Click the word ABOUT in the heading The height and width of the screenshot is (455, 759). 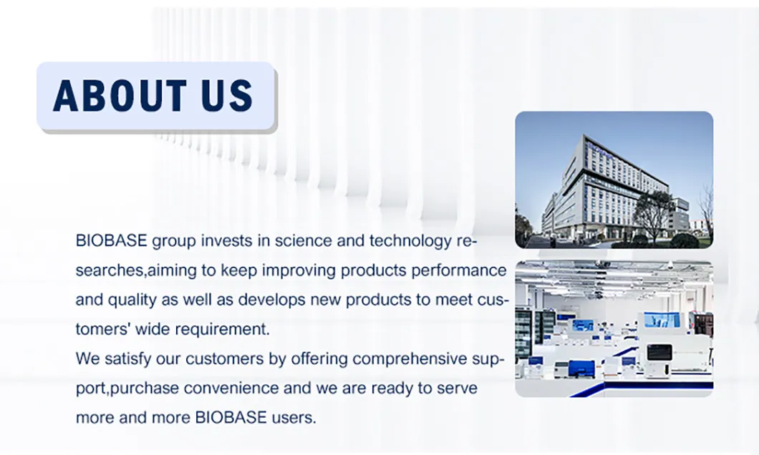[x=120, y=95]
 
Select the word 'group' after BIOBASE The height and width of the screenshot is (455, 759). [x=174, y=241]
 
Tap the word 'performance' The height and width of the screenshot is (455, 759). [x=459, y=270]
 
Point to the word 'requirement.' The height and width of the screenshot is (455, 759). [x=222, y=330]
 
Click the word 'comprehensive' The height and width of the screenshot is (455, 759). [x=410, y=359]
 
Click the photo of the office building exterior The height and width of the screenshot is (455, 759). [x=614, y=180]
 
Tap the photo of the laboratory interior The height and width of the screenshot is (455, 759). [x=614, y=329]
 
